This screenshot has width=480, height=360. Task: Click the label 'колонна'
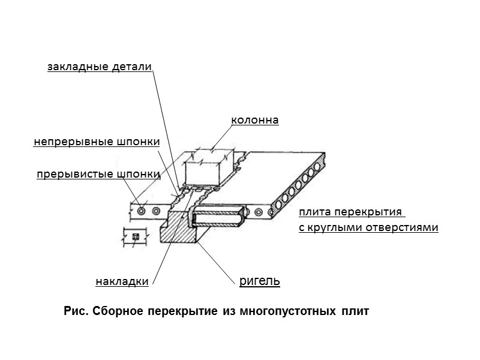(255, 121)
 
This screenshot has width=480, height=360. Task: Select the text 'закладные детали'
(100, 67)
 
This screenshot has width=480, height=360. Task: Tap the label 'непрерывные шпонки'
(97, 142)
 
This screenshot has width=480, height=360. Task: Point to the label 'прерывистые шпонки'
(98, 175)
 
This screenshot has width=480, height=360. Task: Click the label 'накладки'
(122, 281)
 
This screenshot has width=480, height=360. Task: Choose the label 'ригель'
(259, 281)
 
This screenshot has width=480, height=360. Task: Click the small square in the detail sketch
(135, 236)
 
